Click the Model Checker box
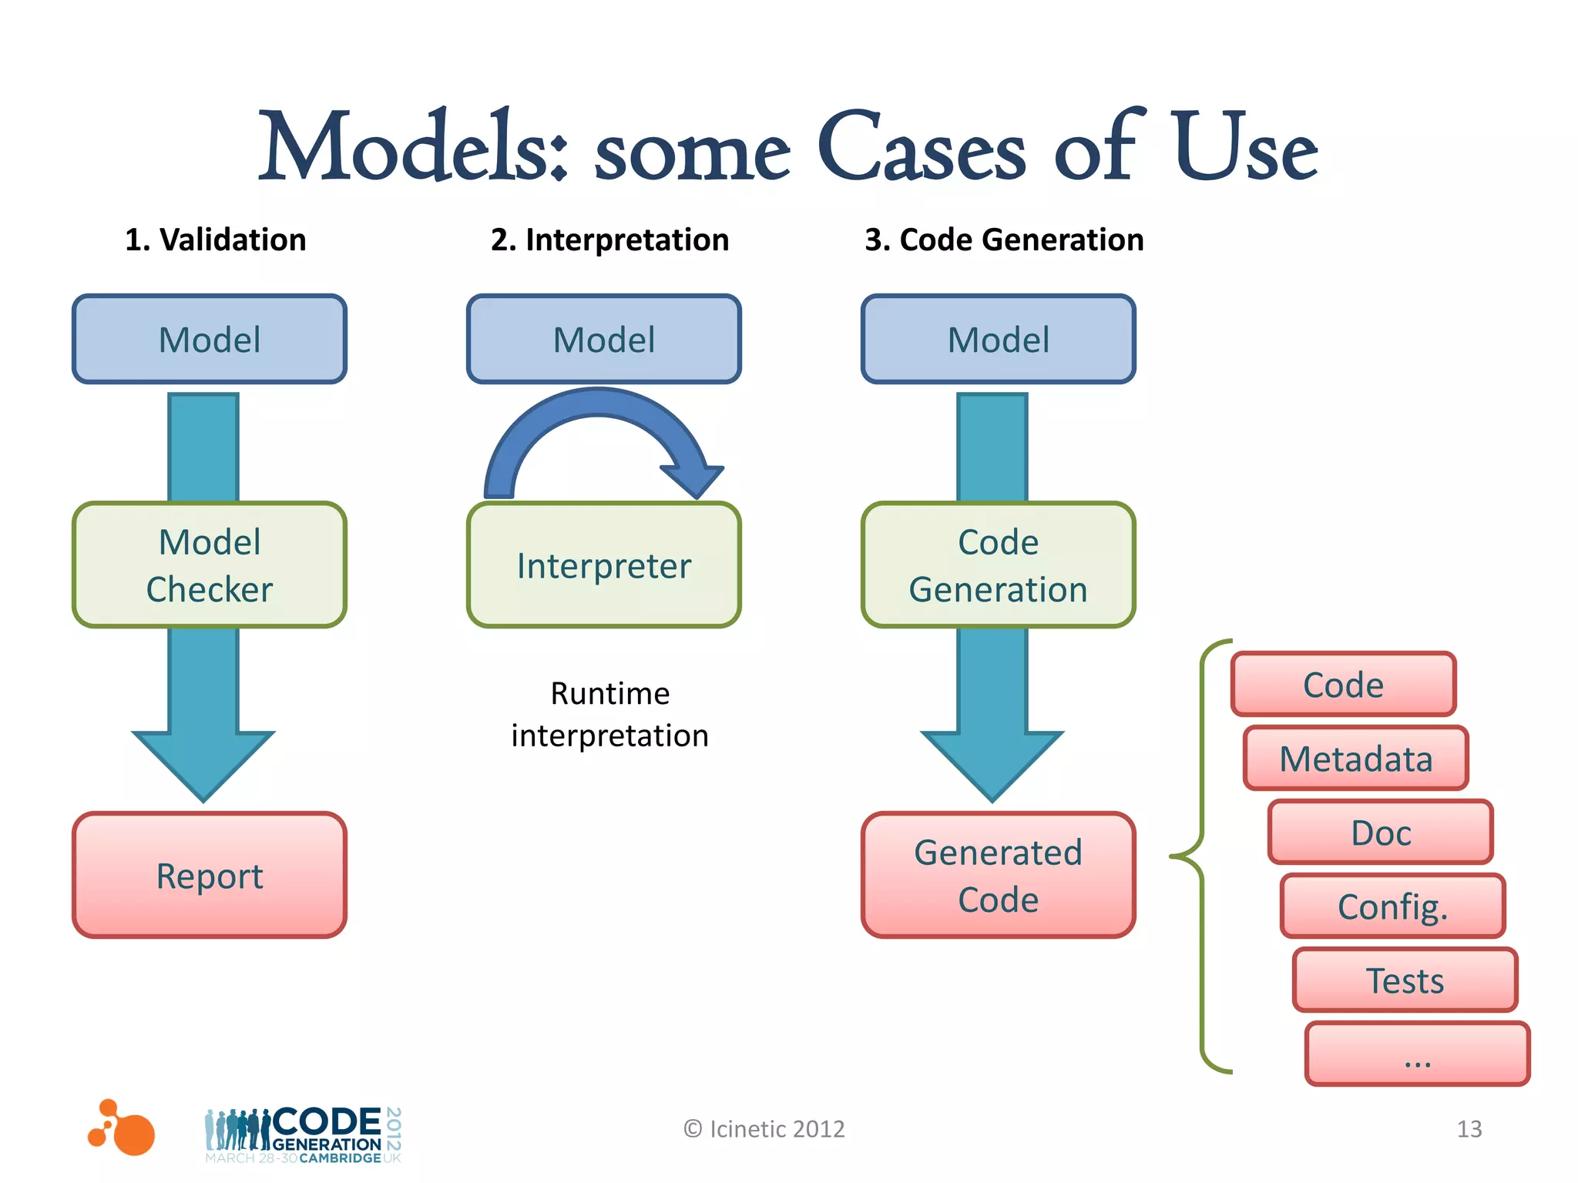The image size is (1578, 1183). (x=210, y=565)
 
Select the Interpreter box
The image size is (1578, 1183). (x=603, y=565)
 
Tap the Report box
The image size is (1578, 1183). (x=210, y=876)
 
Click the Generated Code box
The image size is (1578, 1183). (x=998, y=876)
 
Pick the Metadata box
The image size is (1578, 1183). (x=1355, y=759)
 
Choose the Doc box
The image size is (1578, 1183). (x=1380, y=833)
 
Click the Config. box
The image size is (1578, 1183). (x=1392, y=907)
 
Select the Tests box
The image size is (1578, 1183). (x=1405, y=980)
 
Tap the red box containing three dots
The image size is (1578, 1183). (x=1417, y=1054)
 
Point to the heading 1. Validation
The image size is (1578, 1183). (x=216, y=240)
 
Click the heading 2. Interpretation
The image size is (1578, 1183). (x=609, y=240)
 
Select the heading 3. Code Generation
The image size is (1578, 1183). (x=1004, y=240)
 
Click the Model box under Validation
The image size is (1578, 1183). (x=210, y=339)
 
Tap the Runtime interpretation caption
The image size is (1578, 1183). (x=609, y=715)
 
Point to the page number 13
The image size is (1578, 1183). (x=1469, y=1129)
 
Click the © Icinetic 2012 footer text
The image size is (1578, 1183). (x=764, y=1129)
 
